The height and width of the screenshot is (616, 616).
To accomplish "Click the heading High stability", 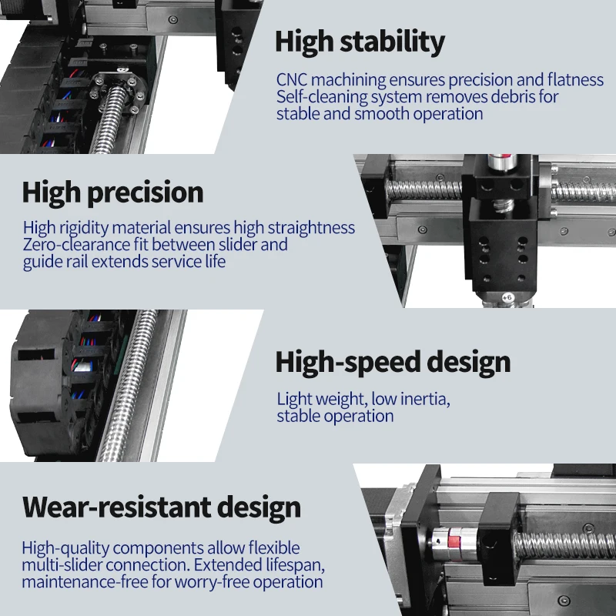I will pos(360,42).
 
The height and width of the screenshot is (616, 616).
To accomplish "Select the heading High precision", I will pos(112,192).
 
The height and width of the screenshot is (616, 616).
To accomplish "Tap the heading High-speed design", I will pos(393,361).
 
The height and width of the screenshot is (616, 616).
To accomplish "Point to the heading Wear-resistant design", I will pos(161,507).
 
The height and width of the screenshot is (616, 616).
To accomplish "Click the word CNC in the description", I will pos(293,80).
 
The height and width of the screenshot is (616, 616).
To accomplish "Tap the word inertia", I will pos(424,399).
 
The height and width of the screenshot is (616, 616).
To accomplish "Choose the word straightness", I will pos(312,228).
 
